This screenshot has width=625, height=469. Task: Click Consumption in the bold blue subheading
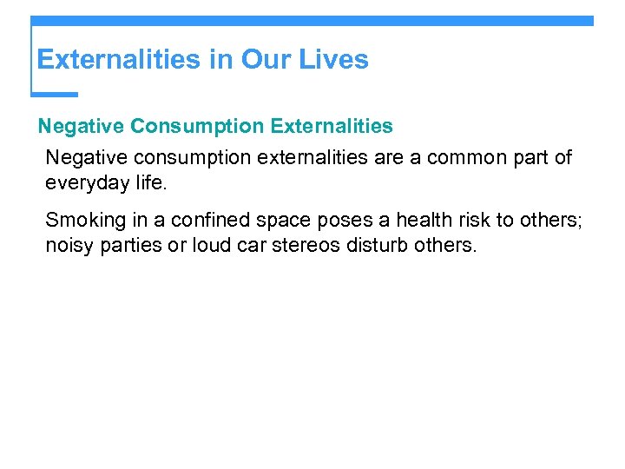point(197,127)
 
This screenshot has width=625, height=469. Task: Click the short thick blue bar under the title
point(54,94)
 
